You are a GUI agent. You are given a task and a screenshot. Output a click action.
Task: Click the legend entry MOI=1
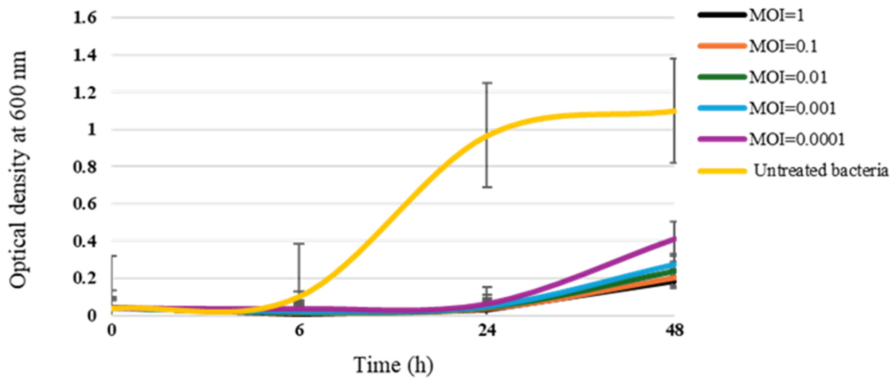pos(776,16)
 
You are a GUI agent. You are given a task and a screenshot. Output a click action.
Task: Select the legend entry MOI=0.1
pos(783,46)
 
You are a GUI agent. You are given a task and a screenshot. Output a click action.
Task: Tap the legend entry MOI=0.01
pos(788,77)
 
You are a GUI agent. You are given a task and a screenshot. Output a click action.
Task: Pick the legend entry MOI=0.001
pos(792,108)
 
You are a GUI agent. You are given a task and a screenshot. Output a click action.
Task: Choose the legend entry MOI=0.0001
pos(796,139)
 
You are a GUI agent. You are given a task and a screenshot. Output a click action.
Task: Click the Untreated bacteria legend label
pos(821,170)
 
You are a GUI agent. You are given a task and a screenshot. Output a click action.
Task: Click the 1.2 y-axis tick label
pos(84,93)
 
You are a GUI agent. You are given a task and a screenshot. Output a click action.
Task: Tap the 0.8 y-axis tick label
pos(84,167)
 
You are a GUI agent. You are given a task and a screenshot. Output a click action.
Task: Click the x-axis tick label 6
pos(299,330)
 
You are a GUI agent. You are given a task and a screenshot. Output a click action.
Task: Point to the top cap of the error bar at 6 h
pos(299,244)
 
